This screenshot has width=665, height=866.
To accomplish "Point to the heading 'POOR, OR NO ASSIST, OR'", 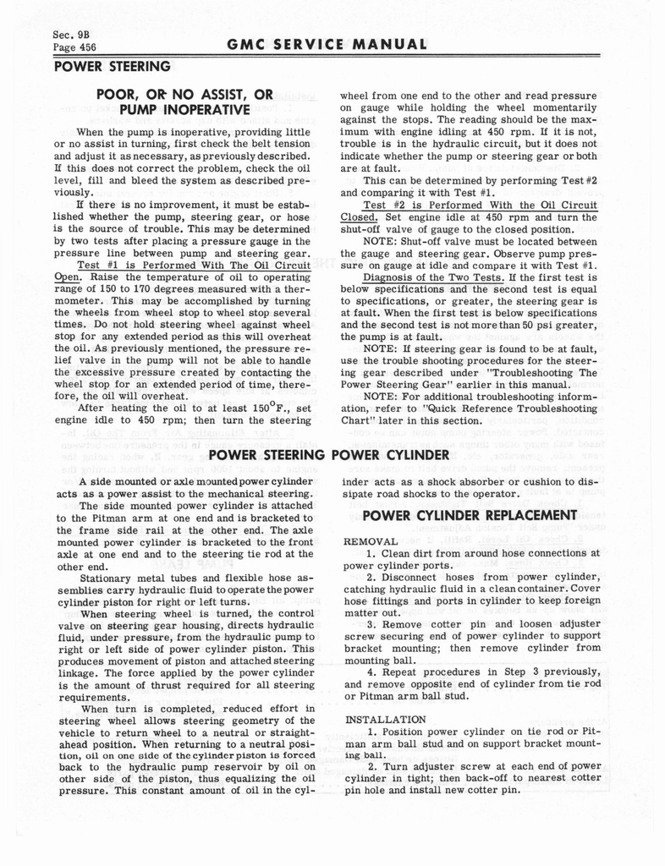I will click(x=184, y=94).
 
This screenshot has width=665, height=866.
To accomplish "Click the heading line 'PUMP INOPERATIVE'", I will click(x=184, y=109).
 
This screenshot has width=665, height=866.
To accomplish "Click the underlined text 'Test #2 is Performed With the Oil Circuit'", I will click(x=480, y=206).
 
